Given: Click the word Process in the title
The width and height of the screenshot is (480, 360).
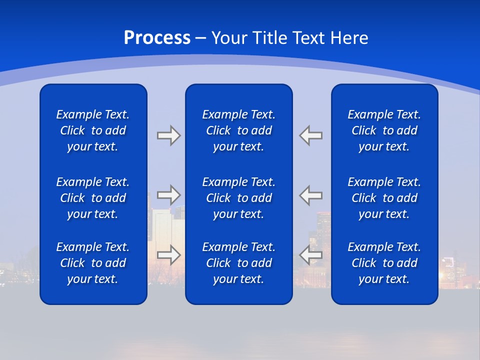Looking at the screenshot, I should click(x=157, y=38).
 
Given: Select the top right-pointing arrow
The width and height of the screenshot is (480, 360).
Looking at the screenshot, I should click(x=168, y=135).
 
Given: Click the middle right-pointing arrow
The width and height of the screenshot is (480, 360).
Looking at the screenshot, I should click(x=168, y=195).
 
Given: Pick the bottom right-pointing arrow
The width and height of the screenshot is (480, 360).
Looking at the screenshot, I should click(x=168, y=254).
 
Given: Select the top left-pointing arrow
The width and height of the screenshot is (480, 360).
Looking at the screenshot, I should click(x=310, y=135).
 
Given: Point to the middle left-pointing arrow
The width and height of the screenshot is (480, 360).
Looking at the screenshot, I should click(x=310, y=195).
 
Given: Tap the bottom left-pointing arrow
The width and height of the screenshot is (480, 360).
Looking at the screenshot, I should click(x=310, y=254).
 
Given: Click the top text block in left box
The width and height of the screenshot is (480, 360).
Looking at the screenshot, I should click(x=93, y=130).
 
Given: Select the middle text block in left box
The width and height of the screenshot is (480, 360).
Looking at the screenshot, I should click(x=93, y=198).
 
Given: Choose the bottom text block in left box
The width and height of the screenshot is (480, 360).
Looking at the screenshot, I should click(x=93, y=263).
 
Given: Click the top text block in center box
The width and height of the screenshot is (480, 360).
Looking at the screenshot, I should click(x=238, y=130).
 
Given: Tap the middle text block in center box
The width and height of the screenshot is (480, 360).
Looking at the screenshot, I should click(x=238, y=198).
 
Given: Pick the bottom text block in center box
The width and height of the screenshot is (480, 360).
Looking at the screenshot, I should click(x=238, y=263).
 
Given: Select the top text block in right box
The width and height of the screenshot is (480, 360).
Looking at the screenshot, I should click(x=384, y=130).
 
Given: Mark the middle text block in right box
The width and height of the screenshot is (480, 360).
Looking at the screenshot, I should click(x=384, y=198).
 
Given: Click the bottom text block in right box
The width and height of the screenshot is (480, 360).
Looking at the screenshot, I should click(x=384, y=263).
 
